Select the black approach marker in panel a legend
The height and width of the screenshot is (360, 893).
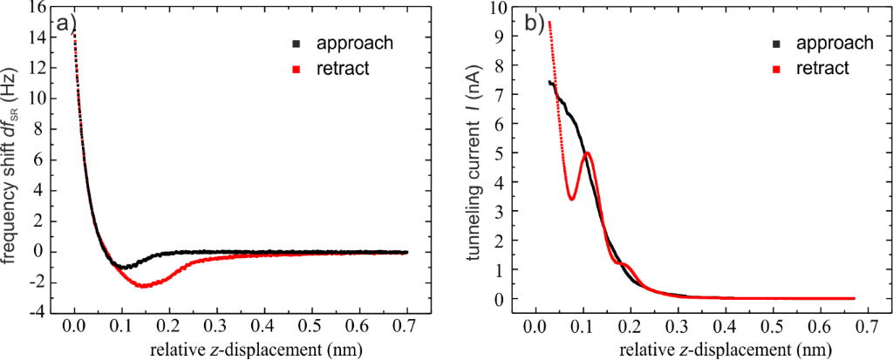(x=297, y=44)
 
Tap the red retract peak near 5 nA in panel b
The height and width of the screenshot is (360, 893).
(x=588, y=154)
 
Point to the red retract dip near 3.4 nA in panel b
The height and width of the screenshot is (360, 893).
(x=571, y=199)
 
